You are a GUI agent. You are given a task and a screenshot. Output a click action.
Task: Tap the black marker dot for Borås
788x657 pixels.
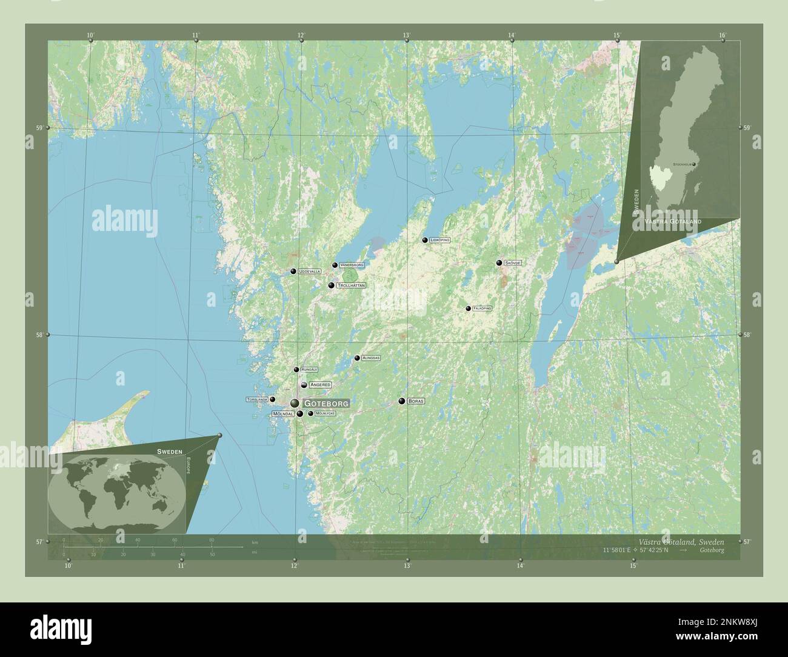coord(401,401)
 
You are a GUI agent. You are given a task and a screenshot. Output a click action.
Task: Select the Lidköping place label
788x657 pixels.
coord(439,240)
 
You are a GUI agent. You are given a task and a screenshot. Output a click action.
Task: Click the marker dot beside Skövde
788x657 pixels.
coord(499,262)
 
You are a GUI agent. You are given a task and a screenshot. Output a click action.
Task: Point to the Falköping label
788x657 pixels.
coord(482,308)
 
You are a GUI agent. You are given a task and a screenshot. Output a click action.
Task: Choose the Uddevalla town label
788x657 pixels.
coord(309,272)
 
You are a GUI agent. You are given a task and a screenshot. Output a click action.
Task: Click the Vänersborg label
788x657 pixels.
coord(352,265)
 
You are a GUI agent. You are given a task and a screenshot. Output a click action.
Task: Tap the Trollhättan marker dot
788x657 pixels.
coord(331,285)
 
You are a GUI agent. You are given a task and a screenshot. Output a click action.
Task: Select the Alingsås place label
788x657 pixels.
coord(370,358)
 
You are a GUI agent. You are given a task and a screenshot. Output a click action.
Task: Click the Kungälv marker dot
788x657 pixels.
coord(296,369)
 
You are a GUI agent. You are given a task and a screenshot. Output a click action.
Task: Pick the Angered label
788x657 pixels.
coord(319,384)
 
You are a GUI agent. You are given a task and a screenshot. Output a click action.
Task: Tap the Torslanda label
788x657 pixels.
coord(257,400)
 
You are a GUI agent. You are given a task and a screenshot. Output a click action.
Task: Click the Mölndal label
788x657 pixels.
coord(283,414)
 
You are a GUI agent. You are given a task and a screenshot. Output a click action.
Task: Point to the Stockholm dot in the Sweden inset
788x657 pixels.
coord(695,164)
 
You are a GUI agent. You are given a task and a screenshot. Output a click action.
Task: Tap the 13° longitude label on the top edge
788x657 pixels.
coord(406,35)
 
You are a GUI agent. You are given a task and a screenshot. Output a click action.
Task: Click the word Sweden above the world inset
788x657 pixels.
coord(169,452)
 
